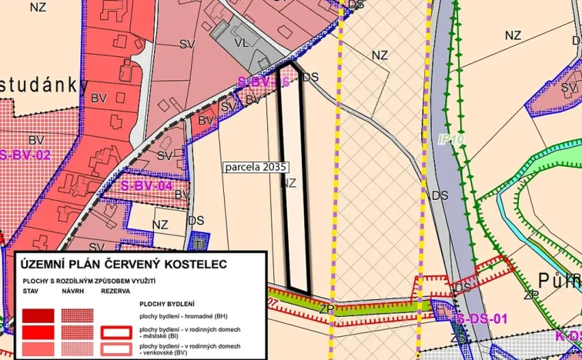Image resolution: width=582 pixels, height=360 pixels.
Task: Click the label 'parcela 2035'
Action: (254, 166)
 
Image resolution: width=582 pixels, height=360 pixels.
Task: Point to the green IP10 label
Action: (450, 140)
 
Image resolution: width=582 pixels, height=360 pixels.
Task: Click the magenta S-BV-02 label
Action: (24, 155)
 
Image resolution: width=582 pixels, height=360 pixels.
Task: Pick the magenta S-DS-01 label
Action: (481, 318)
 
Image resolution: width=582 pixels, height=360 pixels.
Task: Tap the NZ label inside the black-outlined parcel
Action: (289, 183)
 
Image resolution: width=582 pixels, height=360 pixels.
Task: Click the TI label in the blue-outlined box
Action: (199, 244)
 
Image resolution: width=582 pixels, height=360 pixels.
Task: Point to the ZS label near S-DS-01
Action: (458, 338)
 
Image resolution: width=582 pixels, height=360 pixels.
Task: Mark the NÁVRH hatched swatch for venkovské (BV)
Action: (77, 348)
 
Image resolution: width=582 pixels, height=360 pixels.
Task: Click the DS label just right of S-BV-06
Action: (310, 77)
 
